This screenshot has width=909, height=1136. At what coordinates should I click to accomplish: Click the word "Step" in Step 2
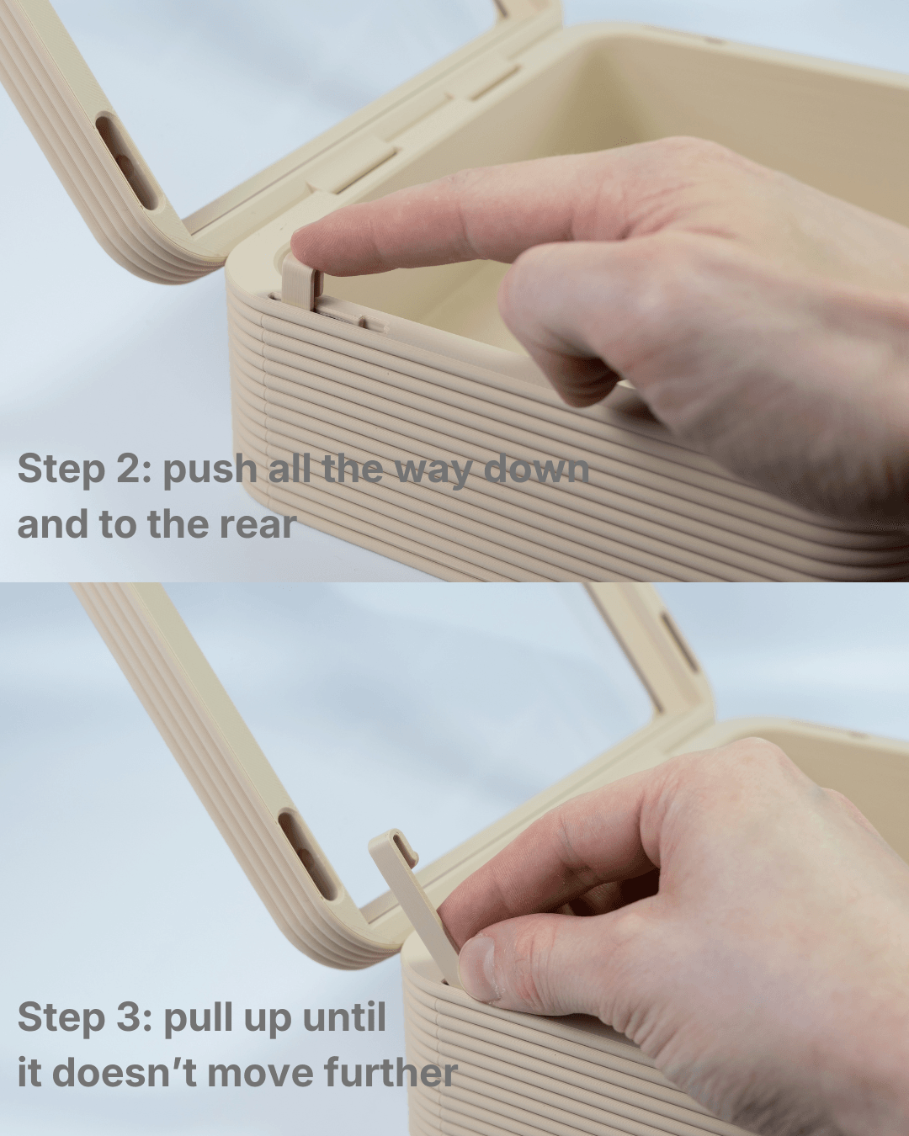point(61,470)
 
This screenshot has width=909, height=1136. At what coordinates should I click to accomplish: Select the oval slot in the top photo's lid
point(128,162)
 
